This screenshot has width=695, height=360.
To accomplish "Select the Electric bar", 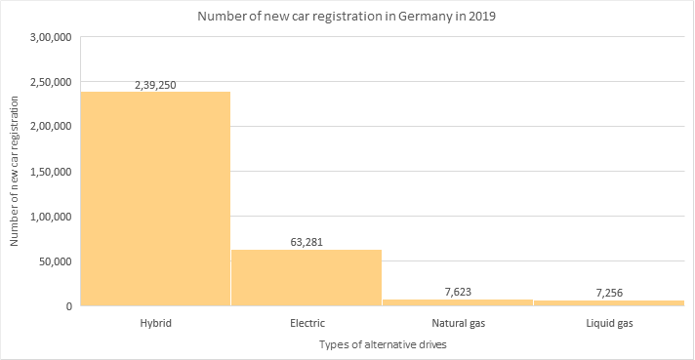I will point(307,277).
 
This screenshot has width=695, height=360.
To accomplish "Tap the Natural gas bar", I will point(457,302).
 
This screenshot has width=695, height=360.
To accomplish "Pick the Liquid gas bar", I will point(608,302).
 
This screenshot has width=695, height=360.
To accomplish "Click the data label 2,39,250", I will point(155,85).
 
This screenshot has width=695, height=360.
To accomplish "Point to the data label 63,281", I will point(307,243).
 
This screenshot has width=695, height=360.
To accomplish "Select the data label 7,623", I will point(457,292).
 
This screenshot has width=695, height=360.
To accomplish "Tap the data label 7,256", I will point(608,293).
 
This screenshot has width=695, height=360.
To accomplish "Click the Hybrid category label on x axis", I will point(155,322).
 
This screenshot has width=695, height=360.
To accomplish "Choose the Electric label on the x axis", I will point(307,322).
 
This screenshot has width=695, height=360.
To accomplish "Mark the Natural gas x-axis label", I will point(457,322).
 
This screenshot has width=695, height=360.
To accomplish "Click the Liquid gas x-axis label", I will point(608,322).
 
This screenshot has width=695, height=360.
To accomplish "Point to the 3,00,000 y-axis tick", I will point(53,37).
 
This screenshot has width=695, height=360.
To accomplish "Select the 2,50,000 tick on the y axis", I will point(53,82).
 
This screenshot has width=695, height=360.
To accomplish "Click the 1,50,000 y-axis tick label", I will point(53,172).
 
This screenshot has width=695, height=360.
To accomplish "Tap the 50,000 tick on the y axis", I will point(57,261).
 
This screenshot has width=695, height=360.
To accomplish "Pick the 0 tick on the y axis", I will point(69,306).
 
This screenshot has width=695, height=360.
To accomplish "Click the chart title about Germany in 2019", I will point(347,17).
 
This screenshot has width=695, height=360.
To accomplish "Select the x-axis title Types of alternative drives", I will point(382,345).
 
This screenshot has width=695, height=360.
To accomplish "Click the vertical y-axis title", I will point(15,171).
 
